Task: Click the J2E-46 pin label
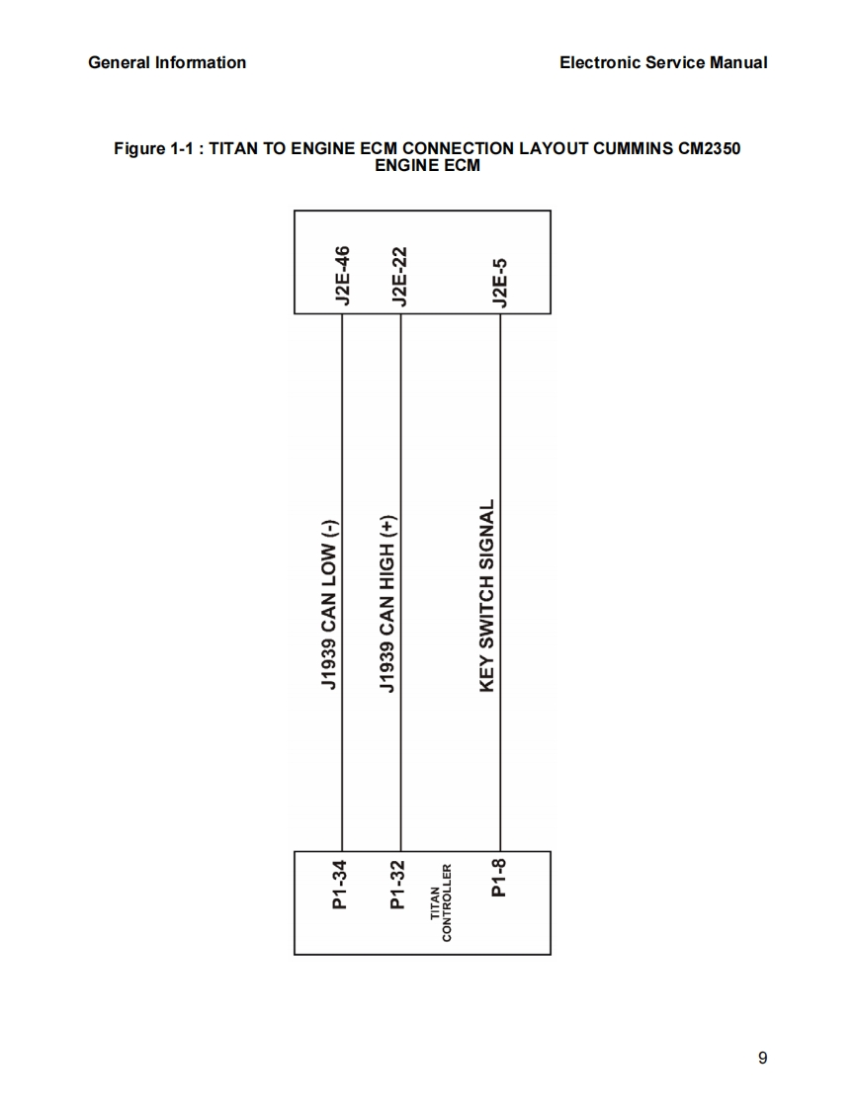point(342,277)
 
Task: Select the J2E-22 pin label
point(400,277)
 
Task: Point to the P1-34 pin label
point(340,885)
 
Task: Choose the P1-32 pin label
point(398,885)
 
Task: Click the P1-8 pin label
point(499,878)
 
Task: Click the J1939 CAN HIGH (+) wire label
point(388,604)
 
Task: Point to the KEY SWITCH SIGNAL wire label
point(486,596)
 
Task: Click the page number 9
point(762,1059)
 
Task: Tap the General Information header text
point(167,62)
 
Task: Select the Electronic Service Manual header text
point(662,62)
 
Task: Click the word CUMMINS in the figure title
point(620,148)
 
